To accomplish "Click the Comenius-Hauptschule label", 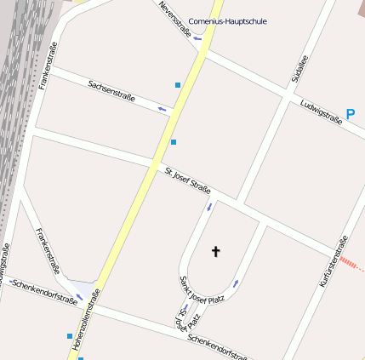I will coord(227,20).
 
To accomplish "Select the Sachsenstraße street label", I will coord(111,90).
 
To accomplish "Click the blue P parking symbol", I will coord(351,113).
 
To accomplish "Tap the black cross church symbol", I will coord(215,251).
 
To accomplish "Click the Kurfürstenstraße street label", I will coord(333,260).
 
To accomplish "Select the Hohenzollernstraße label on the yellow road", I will coord(87,319).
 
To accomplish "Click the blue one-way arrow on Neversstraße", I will coord(197,38).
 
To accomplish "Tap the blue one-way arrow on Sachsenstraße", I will coord(163,109).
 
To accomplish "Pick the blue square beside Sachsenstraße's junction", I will coord(178,85).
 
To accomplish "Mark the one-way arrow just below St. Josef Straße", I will coord(208,207).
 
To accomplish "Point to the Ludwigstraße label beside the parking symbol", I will coord(321,111).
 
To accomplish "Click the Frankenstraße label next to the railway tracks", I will coord(48,66).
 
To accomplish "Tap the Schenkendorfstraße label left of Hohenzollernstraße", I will coord(43,290).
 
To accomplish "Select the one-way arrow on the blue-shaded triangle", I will coord(79,297).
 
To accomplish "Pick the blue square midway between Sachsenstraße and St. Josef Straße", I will coord(174,142).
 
